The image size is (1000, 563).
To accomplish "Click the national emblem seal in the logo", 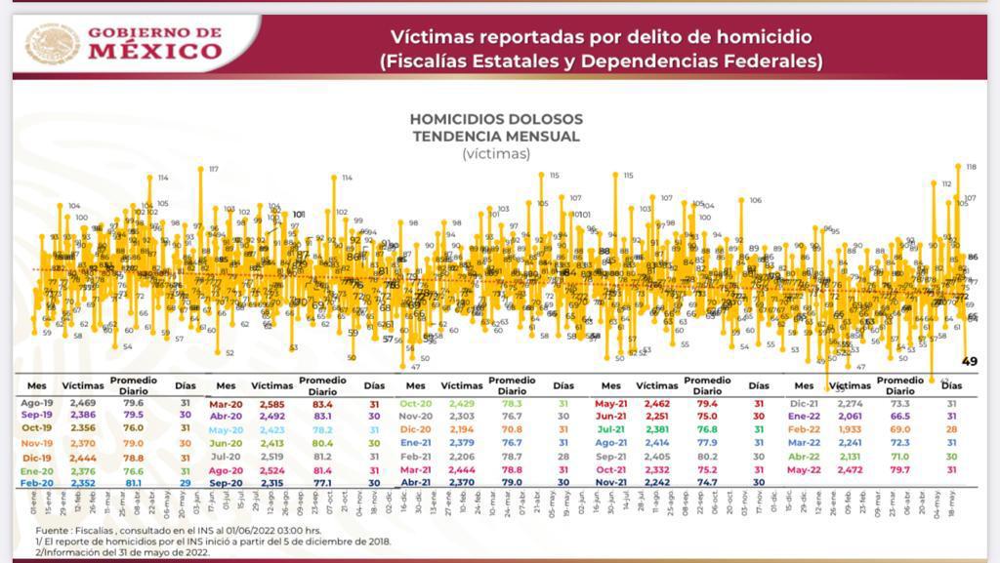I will coord(53,44).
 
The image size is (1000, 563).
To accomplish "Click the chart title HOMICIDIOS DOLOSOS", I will coord(496,119).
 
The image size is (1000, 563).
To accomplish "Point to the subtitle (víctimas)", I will coord(496,153).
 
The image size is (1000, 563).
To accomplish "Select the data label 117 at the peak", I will coord(214,169).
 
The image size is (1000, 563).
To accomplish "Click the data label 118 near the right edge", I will coord(972,167).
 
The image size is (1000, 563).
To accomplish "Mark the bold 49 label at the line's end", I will coord(970,361).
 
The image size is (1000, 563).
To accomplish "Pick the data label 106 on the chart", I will coord(755,200).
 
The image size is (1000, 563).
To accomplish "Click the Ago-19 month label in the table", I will coord(36,403).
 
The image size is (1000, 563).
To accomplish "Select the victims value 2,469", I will coord(83,403).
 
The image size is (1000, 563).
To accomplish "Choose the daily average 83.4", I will coord(322,403).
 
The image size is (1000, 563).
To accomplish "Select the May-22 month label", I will coord(804,469).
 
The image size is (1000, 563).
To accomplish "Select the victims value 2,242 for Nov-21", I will coord(655,482).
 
